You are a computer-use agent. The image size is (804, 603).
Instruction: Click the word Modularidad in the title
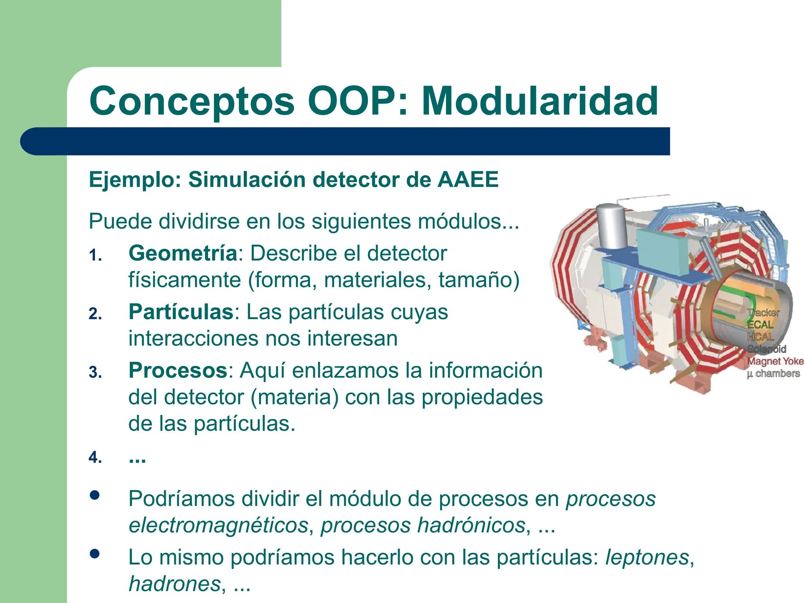[x=539, y=101]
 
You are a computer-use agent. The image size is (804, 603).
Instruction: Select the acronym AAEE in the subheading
[x=468, y=180]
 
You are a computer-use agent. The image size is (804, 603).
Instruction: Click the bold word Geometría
[x=183, y=253]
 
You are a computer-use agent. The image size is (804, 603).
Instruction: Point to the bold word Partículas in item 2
[x=181, y=312]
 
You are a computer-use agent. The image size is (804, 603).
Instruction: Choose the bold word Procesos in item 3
[x=178, y=370]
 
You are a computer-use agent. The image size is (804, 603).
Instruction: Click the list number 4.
[x=95, y=458]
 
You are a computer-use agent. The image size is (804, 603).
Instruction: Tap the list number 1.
[x=95, y=256]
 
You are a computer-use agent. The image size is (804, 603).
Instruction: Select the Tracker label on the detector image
[x=763, y=313]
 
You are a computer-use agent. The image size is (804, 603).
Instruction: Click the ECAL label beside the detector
[x=760, y=325]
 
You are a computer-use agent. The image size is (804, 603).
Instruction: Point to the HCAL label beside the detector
[x=760, y=337]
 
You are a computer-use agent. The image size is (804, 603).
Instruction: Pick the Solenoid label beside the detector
[x=766, y=349]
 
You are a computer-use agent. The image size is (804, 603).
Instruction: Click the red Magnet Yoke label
[x=775, y=361]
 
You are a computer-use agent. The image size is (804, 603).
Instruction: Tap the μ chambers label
[x=773, y=373]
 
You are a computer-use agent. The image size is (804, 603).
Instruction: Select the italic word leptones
[x=647, y=557]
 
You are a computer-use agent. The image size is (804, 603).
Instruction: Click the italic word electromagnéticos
[x=218, y=526]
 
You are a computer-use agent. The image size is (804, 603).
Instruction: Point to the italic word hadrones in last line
[x=175, y=584]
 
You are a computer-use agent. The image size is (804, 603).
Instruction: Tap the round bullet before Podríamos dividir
[x=94, y=495]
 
